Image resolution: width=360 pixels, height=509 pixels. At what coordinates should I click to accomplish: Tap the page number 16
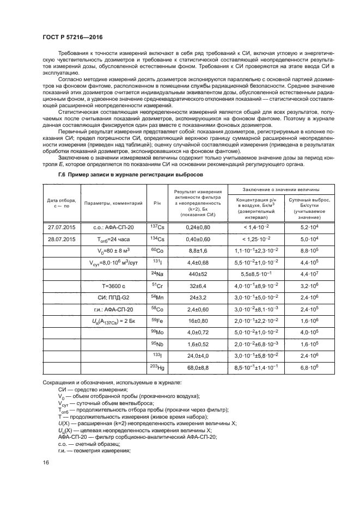click(x=46, y=462)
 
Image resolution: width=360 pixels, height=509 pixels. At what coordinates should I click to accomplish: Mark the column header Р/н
click(x=157, y=203)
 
